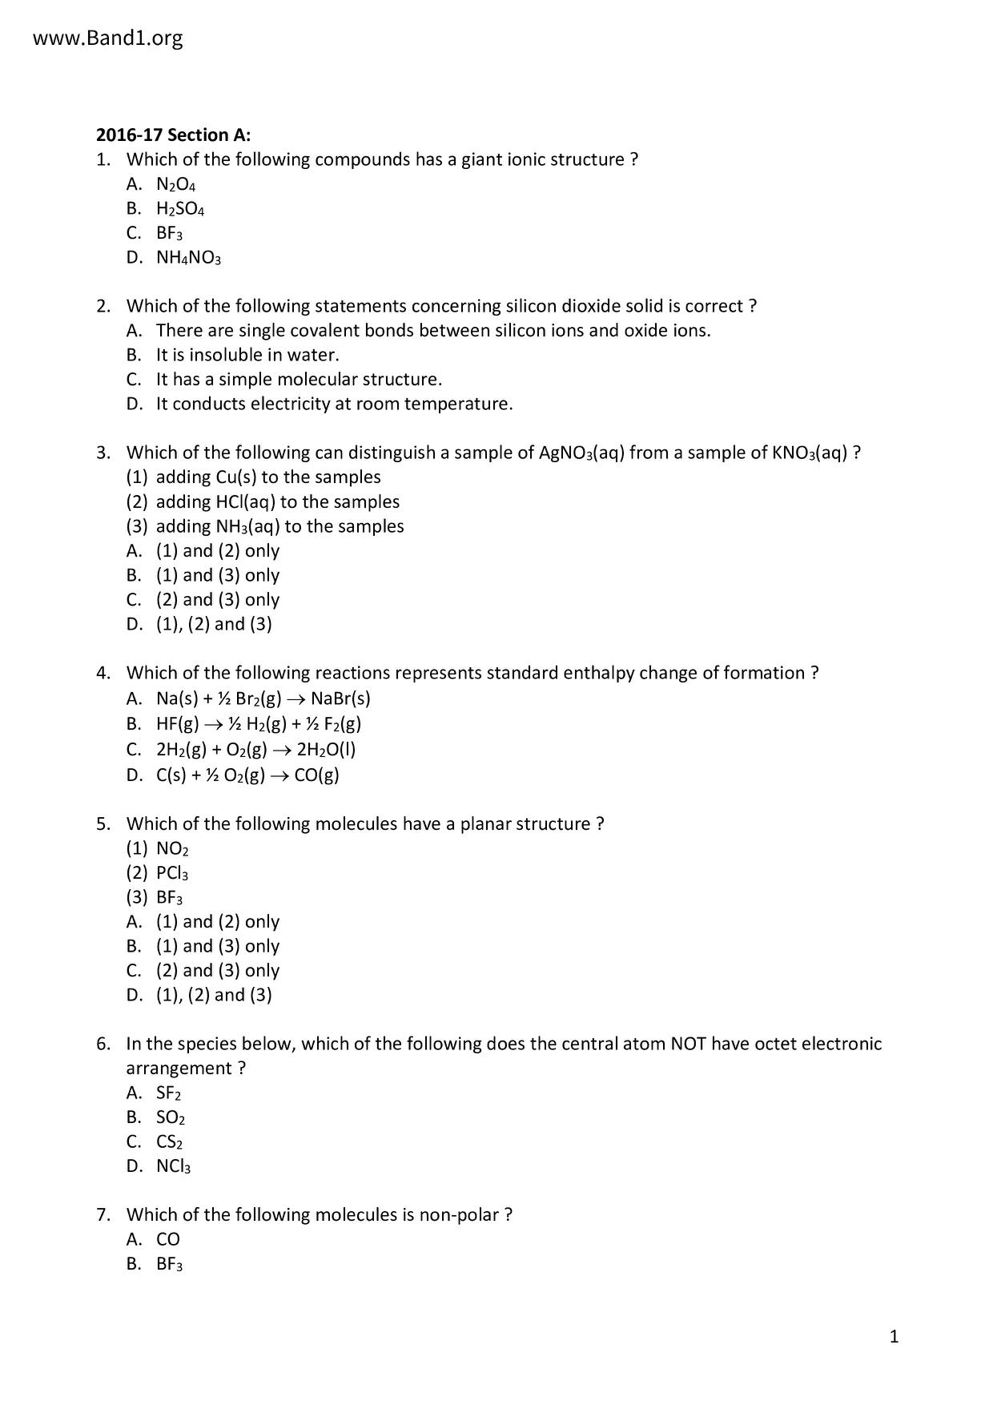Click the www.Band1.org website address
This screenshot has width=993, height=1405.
click(x=108, y=38)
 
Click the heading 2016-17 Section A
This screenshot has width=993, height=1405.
click(x=174, y=135)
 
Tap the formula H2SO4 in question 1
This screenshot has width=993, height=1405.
click(x=180, y=210)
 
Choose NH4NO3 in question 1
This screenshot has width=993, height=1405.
click(x=188, y=259)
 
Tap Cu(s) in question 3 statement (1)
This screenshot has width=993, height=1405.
click(x=236, y=477)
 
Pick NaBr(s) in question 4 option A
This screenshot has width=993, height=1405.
click(x=340, y=698)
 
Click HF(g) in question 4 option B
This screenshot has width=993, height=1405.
click(x=177, y=724)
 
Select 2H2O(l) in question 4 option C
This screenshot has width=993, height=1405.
click(x=326, y=750)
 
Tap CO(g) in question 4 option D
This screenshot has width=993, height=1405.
click(x=317, y=775)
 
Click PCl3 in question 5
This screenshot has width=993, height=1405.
click(x=172, y=874)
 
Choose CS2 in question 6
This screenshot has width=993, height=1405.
click(x=169, y=1142)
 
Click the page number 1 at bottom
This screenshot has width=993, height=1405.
click(x=895, y=1336)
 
